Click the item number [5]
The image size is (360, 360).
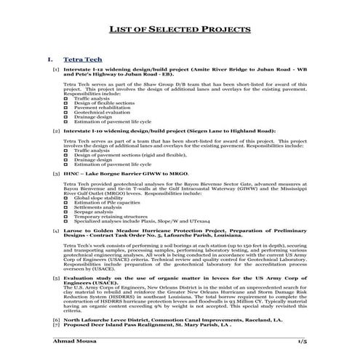pyautogui.click(x=56, y=278)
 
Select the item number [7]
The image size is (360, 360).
pyautogui.click(x=56, y=325)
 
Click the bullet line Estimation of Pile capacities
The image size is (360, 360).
pyautogui.click(x=102, y=202)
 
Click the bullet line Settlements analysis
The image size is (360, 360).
pyautogui.click(x=97, y=207)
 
